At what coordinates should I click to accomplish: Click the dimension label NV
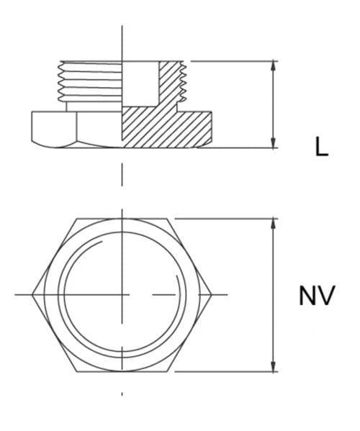pos(317,296)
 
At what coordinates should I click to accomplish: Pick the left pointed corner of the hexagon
pos(33,294)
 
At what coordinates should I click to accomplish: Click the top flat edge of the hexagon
pos(122,217)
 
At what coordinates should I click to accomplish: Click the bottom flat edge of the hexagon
pos(122,371)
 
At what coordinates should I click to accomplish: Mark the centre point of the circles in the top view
pos(122,294)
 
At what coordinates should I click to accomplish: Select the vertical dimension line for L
pos(273,104)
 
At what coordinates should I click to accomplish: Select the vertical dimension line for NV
pos(273,295)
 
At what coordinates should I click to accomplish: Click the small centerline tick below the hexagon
pos(122,394)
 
